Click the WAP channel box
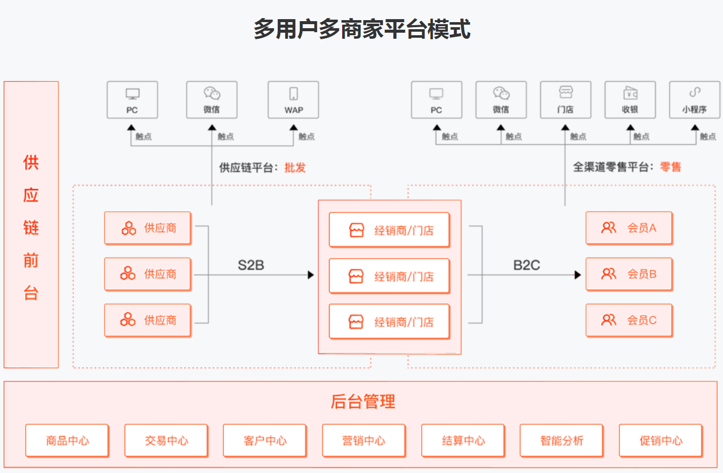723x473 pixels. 293,100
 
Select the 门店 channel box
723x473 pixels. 566,100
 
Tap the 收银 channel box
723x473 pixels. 630,100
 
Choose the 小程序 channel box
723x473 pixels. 694,100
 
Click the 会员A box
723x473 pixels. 629,228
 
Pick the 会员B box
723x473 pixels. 629,274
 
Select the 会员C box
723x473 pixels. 629,320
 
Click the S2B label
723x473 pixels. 251,265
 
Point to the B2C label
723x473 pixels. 526,265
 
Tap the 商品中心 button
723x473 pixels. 67,441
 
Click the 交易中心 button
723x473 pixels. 166,441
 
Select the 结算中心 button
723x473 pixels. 463,441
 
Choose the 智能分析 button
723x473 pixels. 561,441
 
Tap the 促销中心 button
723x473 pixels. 661,441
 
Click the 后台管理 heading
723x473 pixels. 363,402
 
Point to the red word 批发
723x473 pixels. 295,168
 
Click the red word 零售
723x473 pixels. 670,167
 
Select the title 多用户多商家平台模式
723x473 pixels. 362,29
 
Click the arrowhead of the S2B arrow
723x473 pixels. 311,275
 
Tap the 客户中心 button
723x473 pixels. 265,441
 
